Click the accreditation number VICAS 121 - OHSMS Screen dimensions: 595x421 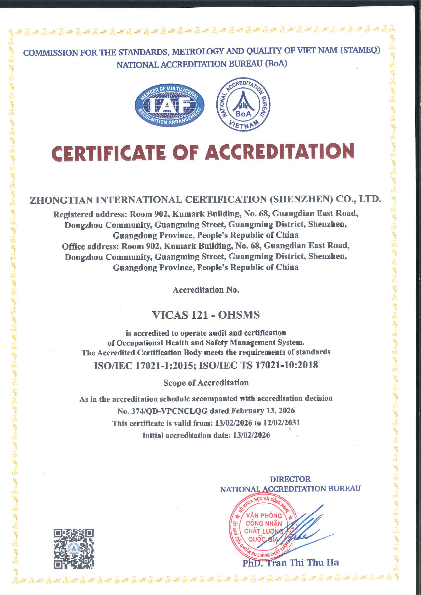click(x=206, y=315)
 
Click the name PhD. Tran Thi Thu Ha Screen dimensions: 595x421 click(x=291, y=563)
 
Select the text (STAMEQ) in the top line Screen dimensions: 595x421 click(x=360, y=50)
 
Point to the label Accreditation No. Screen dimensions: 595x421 click(x=206, y=290)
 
